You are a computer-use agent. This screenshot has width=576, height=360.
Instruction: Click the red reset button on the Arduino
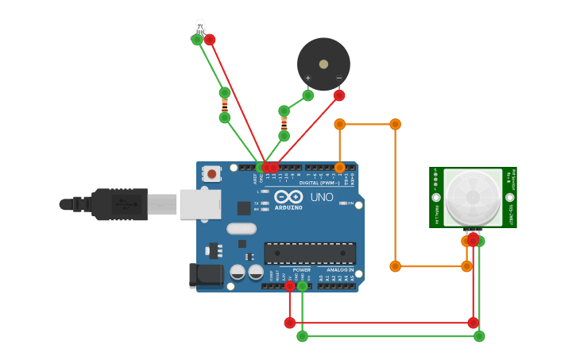click(x=211, y=173)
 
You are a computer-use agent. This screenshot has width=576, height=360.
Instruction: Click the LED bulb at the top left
click(x=199, y=26)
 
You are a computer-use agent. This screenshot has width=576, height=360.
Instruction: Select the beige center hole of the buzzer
click(x=323, y=64)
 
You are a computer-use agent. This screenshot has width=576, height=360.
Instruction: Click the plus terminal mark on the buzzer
click(x=308, y=78)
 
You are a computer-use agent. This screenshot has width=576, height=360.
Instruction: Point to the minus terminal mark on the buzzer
click(x=338, y=78)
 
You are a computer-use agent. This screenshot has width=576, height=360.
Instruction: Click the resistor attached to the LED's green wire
click(x=225, y=105)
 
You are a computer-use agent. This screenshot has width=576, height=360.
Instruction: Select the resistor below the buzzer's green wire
click(x=284, y=123)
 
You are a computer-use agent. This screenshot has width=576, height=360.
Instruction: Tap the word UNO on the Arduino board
click(x=322, y=196)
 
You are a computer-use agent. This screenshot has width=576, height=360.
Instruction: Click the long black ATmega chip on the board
click(x=310, y=253)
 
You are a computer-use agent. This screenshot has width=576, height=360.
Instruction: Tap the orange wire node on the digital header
click(x=340, y=168)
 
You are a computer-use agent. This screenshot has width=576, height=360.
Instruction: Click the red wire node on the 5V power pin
click(x=289, y=285)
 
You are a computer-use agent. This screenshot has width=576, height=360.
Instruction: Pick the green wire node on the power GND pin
click(x=302, y=285)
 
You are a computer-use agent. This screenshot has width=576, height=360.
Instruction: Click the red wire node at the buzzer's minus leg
click(x=339, y=95)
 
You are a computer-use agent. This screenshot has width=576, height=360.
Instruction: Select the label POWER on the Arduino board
click(x=301, y=269)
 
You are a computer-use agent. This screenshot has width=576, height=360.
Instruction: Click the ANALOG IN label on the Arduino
click(x=339, y=269)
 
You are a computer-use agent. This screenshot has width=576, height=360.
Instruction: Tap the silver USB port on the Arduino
click(x=199, y=203)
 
